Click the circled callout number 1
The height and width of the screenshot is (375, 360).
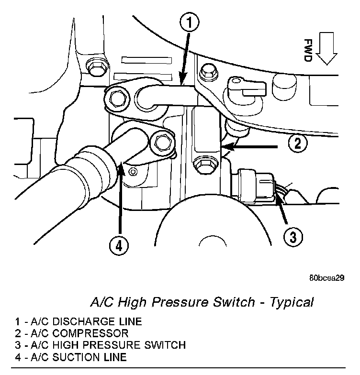(x=190, y=21)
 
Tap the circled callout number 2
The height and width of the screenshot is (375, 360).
(x=298, y=143)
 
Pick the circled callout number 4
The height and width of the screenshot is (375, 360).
(x=119, y=246)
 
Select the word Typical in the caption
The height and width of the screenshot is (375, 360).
(x=292, y=303)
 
